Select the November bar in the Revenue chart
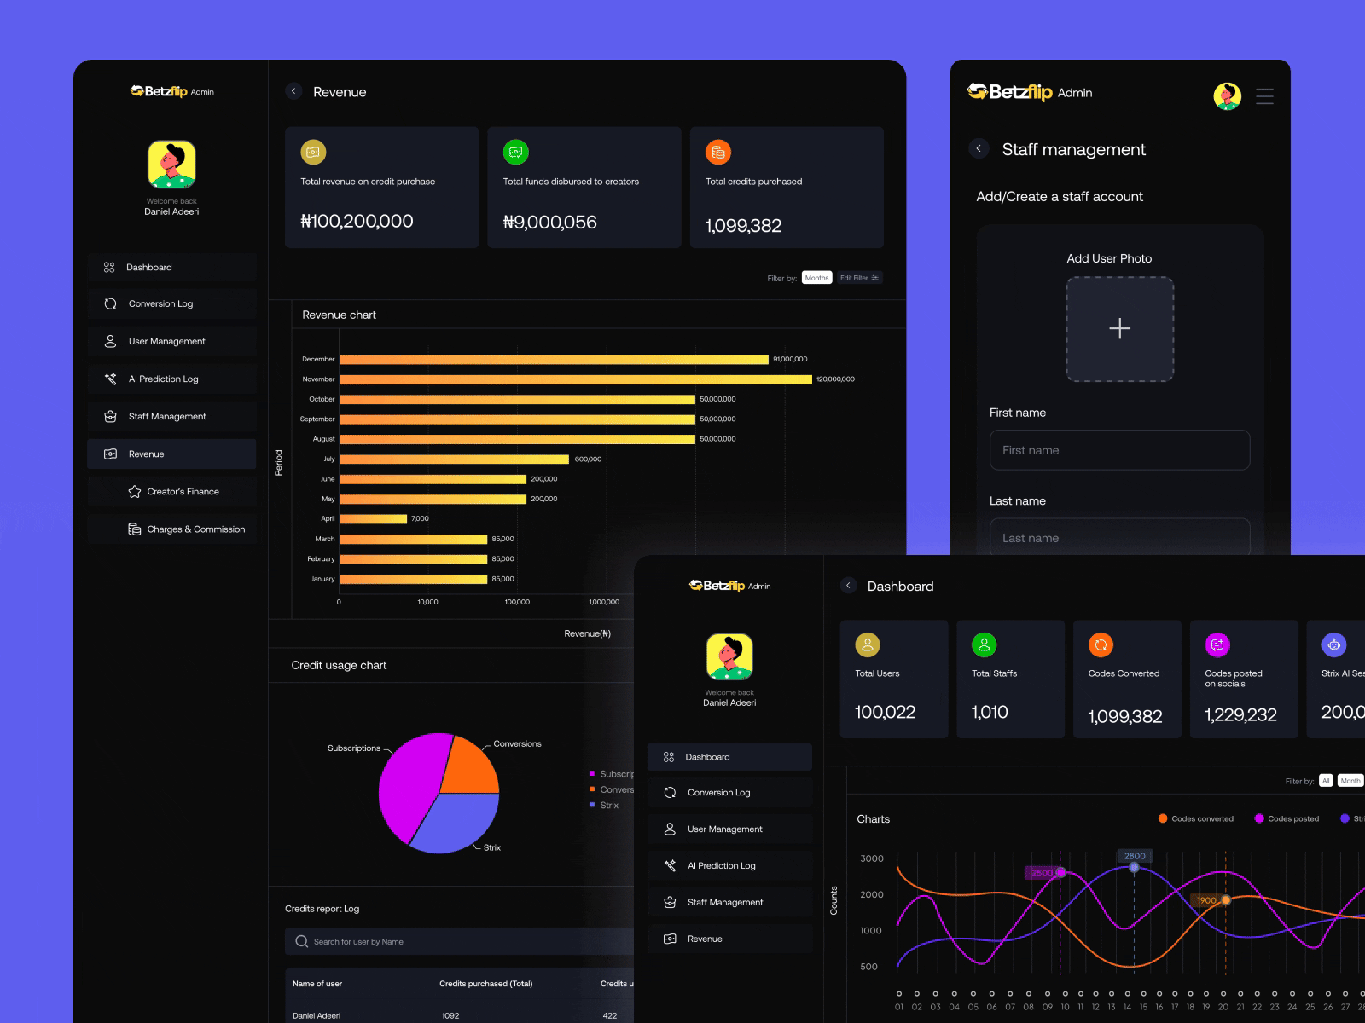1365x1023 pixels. pos(575,379)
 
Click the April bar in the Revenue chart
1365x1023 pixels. pos(373,519)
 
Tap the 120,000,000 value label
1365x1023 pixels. pos(835,379)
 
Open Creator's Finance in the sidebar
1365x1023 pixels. pos(183,492)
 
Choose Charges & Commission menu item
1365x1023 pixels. pos(195,529)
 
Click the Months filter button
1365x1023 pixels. pos(816,278)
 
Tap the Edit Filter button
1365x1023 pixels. pos(858,278)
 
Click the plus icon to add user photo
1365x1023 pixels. pos(1119,328)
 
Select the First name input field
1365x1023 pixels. pos(1119,450)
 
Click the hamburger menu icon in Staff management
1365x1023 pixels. pos(1264,96)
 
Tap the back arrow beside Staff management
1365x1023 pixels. pos(979,148)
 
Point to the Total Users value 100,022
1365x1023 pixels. pos(885,712)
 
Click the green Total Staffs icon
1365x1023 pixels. pos(984,645)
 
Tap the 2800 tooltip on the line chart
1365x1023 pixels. pos(1135,856)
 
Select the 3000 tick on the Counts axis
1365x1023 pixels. pos(872,858)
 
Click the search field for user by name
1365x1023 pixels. pos(461,942)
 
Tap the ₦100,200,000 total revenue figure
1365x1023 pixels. pos(357,222)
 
